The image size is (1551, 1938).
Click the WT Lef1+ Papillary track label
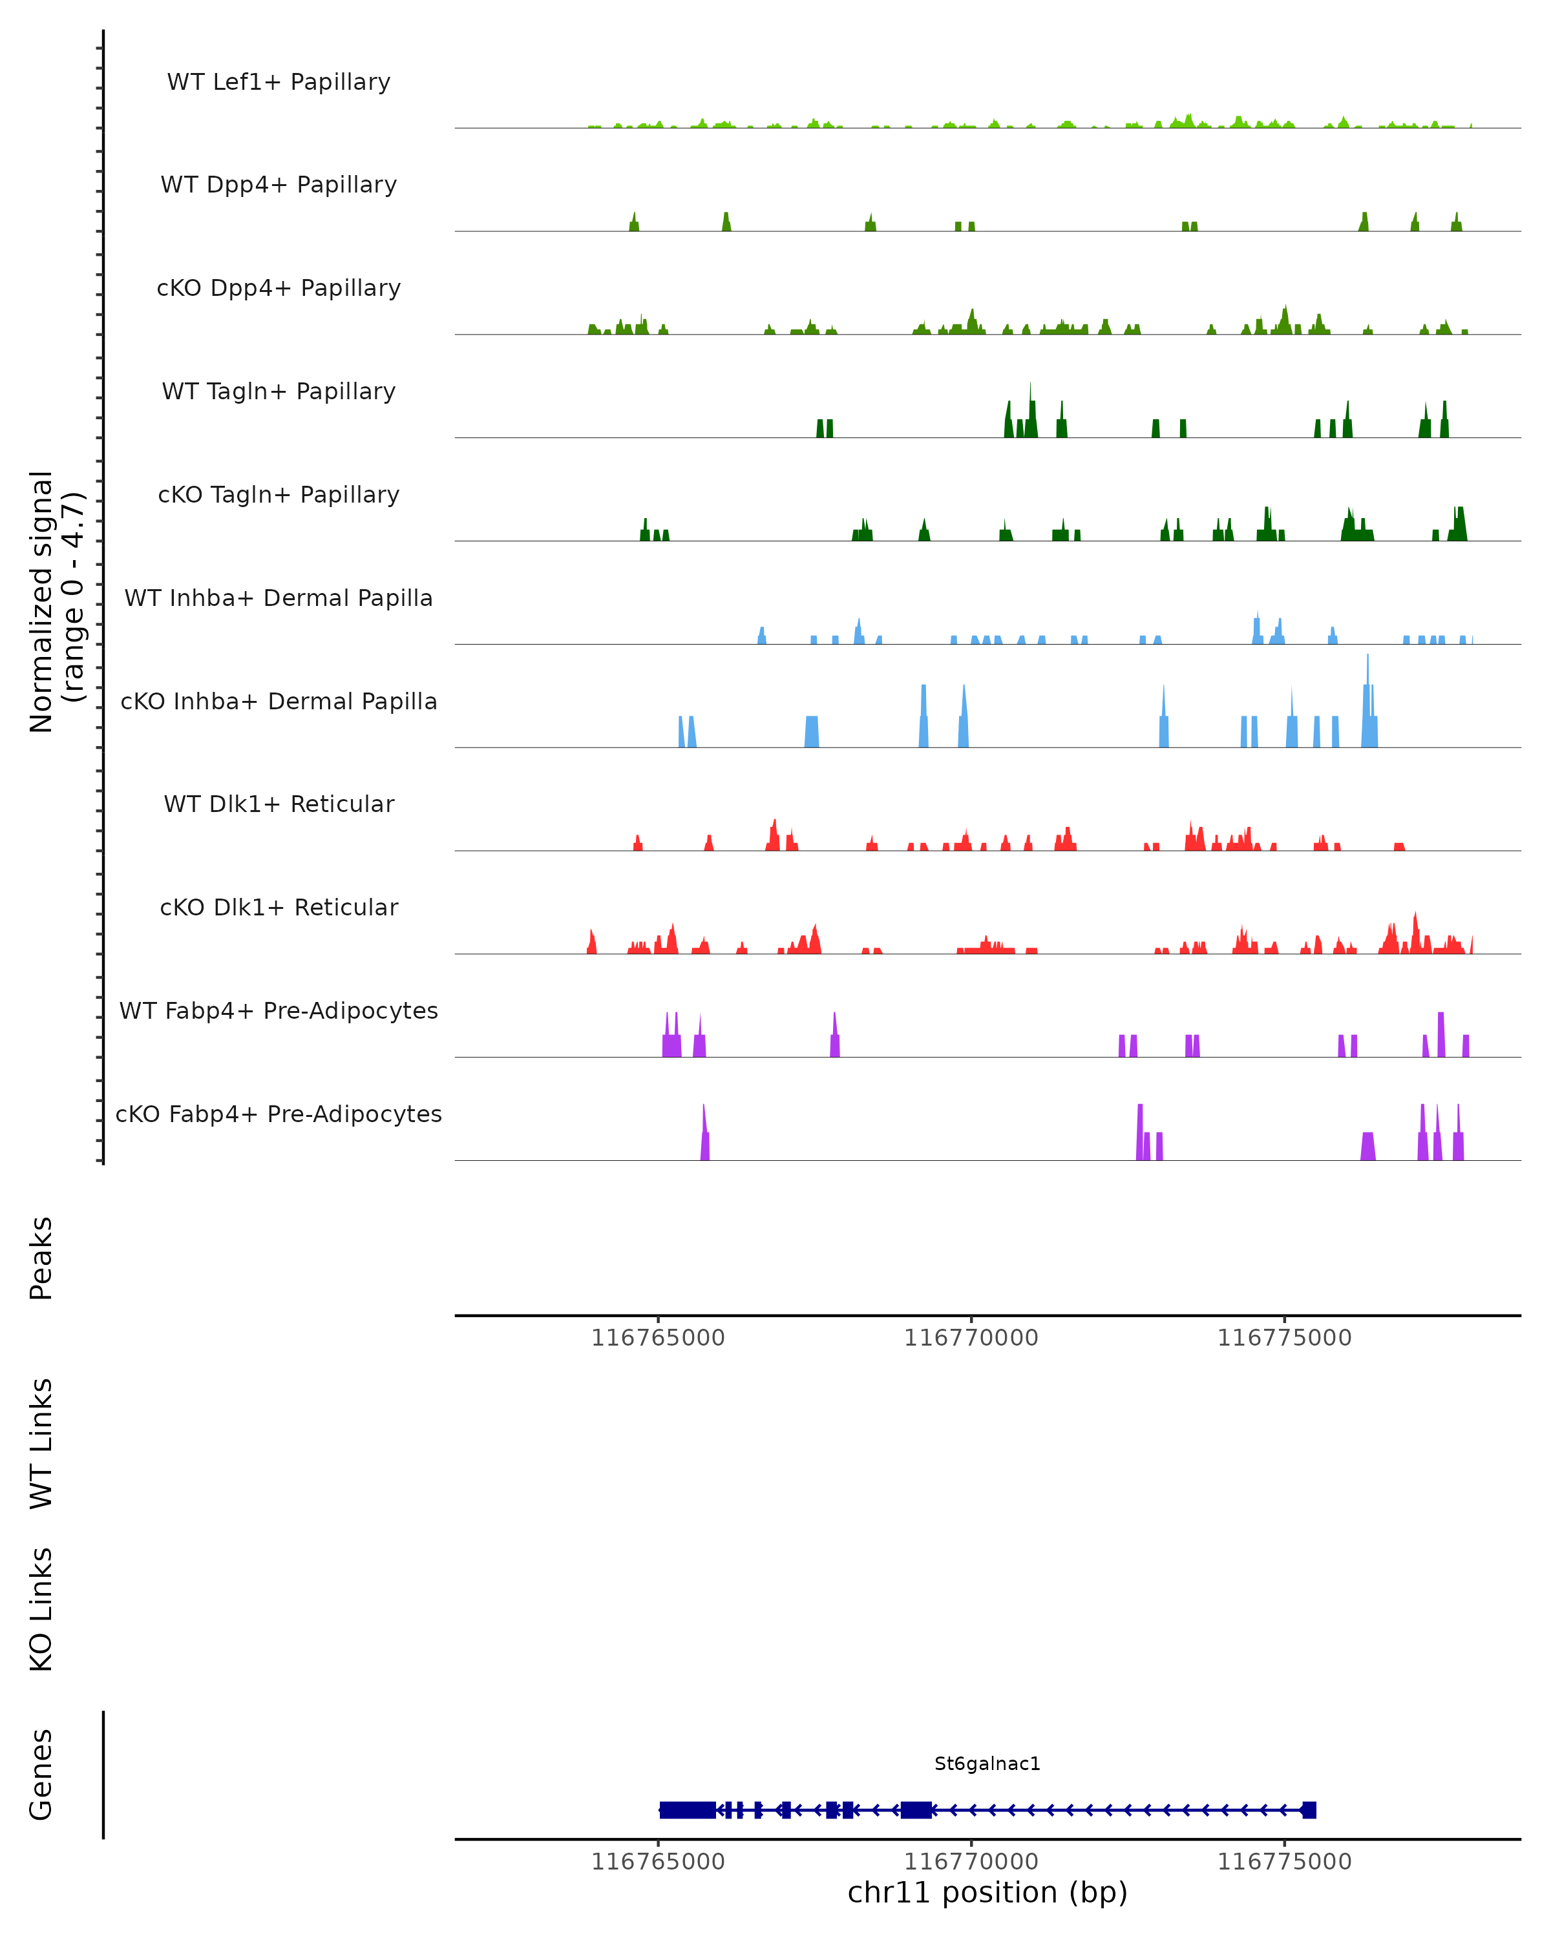[x=279, y=82]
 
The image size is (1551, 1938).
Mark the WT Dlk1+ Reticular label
[x=279, y=804]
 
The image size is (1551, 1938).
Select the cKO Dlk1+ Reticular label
[x=279, y=907]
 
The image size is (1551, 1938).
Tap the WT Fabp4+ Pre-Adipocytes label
[x=279, y=1010]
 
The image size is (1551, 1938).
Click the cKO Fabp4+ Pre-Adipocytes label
[x=279, y=1114]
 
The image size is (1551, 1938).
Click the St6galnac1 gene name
[x=987, y=1764]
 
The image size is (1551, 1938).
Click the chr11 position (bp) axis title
[x=987, y=1892]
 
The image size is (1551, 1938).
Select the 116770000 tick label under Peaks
[x=971, y=1338]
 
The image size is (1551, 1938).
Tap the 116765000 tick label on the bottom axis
[x=658, y=1862]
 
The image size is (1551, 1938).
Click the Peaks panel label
[x=41, y=1258]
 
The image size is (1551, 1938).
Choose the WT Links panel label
[x=41, y=1443]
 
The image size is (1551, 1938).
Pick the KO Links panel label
[x=41, y=1609]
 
